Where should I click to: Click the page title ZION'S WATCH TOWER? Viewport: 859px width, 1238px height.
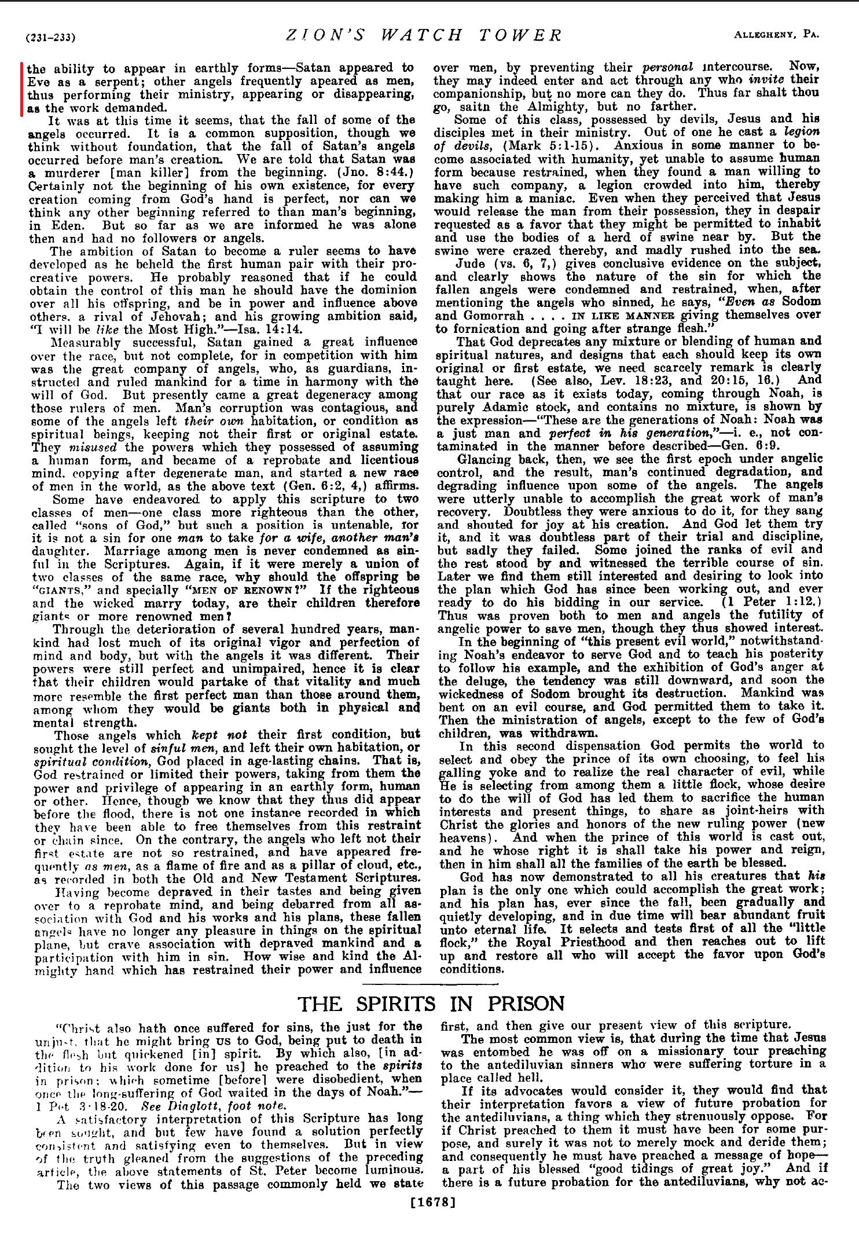pyautogui.click(x=424, y=35)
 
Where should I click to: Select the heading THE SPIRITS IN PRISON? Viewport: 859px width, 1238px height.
pyautogui.click(x=431, y=1003)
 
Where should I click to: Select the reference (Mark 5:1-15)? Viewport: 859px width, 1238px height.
pyautogui.click(x=555, y=146)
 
